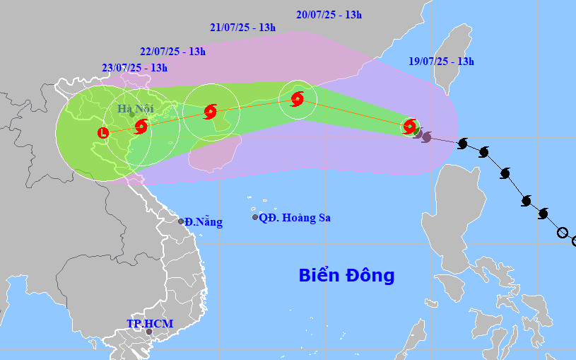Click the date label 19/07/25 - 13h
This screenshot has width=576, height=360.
pyautogui.click(x=441, y=62)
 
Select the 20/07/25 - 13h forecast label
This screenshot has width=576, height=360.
pyautogui.click(x=329, y=14)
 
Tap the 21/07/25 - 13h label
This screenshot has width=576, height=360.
pyautogui.click(x=242, y=28)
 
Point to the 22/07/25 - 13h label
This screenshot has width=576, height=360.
pyautogui.click(x=172, y=51)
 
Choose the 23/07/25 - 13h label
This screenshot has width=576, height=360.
pyautogui.click(x=134, y=68)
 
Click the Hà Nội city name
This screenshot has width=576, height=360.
pyautogui.click(x=135, y=109)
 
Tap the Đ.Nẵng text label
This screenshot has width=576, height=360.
pyautogui.click(x=204, y=222)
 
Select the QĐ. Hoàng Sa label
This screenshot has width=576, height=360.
pyautogui.click(x=295, y=218)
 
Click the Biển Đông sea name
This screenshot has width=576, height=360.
pyautogui.click(x=346, y=275)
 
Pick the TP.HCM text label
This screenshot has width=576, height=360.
pyautogui.click(x=150, y=323)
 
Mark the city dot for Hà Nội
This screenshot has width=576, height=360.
pyautogui.click(x=132, y=115)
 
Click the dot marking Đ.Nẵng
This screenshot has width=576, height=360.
pyautogui.click(x=181, y=221)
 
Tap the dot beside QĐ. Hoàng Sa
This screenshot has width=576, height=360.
pyautogui.click(x=255, y=217)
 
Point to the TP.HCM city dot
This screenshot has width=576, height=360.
pyautogui.click(x=148, y=331)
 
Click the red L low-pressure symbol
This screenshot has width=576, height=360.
pyautogui.click(x=103, y=132)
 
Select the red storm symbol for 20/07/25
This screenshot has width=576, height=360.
pyautogui.click(x=298, y=99)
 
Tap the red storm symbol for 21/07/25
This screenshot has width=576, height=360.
pyautogui.click(x=210, y=111)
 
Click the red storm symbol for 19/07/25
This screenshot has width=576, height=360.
pyautogui.click(x=409, y=127)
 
